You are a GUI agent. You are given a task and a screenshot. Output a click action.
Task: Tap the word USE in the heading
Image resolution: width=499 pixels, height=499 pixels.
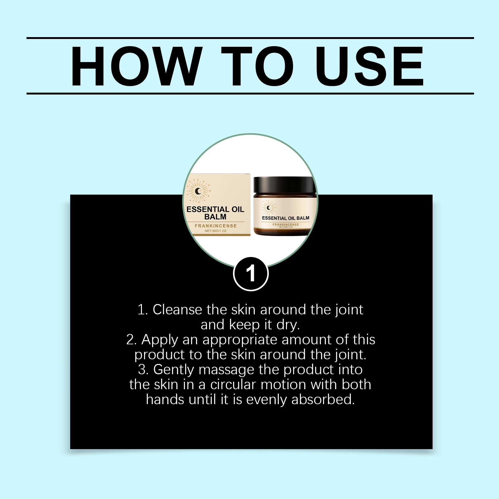click(x=370, y=66)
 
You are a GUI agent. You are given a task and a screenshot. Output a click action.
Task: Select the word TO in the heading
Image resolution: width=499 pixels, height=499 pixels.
click(x=258, y=66)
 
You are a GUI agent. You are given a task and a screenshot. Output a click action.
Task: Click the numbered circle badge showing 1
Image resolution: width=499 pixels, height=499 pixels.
click(x=251, y=274)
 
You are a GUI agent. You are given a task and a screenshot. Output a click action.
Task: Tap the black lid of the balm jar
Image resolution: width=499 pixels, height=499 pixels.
click(x=285, y=185)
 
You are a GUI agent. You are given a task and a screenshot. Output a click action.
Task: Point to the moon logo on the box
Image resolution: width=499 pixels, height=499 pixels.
click(x=198, y=191)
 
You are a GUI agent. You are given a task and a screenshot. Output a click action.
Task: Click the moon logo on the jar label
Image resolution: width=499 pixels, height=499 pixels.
click(x=269, y=208)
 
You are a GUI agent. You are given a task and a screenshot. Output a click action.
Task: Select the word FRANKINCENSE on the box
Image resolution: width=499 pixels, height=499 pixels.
click(x=216, y=226)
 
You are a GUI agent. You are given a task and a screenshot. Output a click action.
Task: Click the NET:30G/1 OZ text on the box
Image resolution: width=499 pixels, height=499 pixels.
click(x=216, y=231)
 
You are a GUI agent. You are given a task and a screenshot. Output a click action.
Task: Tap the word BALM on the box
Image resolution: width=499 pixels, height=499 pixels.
click(x=215, y=217)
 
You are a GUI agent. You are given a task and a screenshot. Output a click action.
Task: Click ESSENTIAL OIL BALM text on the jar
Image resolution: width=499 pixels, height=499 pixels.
click(x=286, y=218)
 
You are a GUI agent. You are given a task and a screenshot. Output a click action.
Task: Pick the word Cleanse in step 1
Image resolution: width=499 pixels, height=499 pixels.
click(x=177, y=310)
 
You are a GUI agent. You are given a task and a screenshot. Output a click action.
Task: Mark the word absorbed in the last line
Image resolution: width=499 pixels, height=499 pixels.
click(x=323, y=400)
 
